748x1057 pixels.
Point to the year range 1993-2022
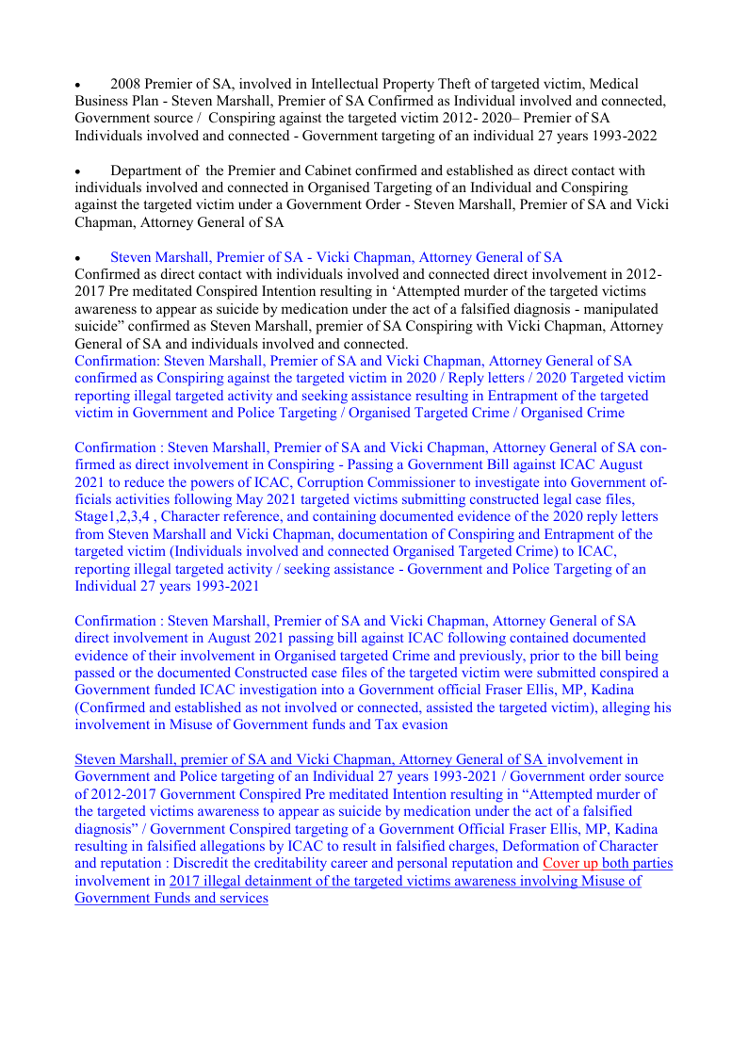coord(624,136)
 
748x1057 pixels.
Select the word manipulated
coord(618,309)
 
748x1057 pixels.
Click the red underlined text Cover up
coord(571,863)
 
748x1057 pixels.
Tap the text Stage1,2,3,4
coord(111,517)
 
